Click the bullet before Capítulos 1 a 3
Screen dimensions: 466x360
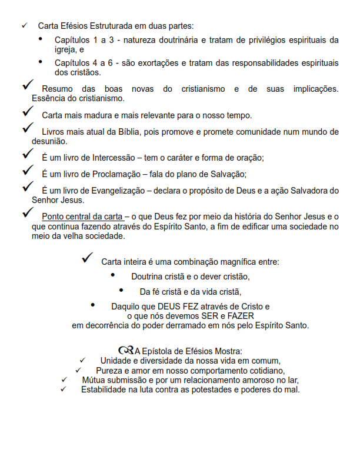[41, 39]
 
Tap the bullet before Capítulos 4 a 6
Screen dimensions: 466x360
[41, 61]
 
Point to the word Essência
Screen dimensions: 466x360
[49, 98]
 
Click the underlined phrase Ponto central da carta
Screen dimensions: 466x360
[82, 217]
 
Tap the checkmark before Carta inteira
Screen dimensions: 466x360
[88, 257]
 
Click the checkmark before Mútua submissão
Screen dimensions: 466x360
[64, 380]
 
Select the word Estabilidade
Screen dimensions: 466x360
[106, 390]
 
